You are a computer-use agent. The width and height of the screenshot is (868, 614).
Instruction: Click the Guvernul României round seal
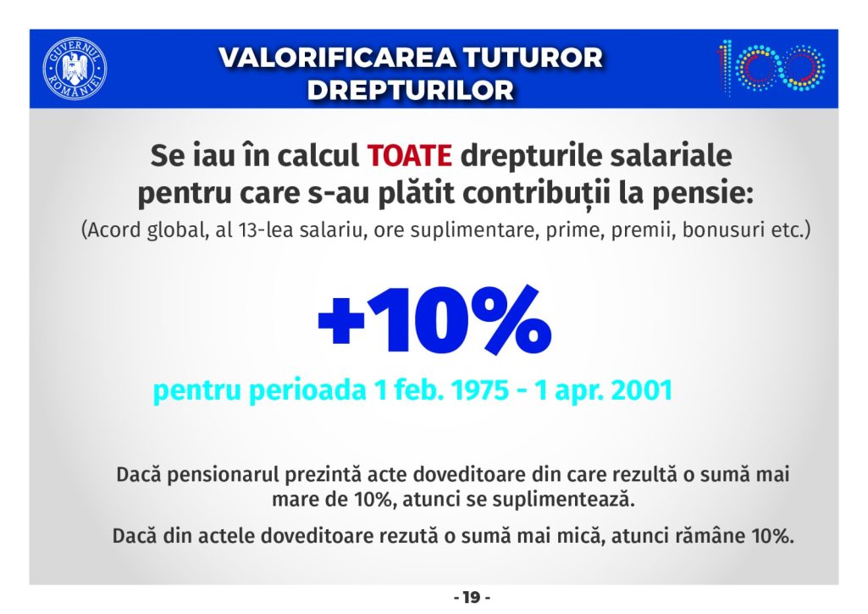(75, 69)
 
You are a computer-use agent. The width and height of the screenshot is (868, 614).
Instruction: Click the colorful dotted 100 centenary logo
(771, 66)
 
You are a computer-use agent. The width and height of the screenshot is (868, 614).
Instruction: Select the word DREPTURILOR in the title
(411, 91)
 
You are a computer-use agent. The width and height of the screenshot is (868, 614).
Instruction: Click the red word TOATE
(410, 156)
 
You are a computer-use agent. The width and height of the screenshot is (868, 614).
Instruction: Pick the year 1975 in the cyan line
(479, 390)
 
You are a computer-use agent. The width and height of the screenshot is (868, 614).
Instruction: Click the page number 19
(472, 598)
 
